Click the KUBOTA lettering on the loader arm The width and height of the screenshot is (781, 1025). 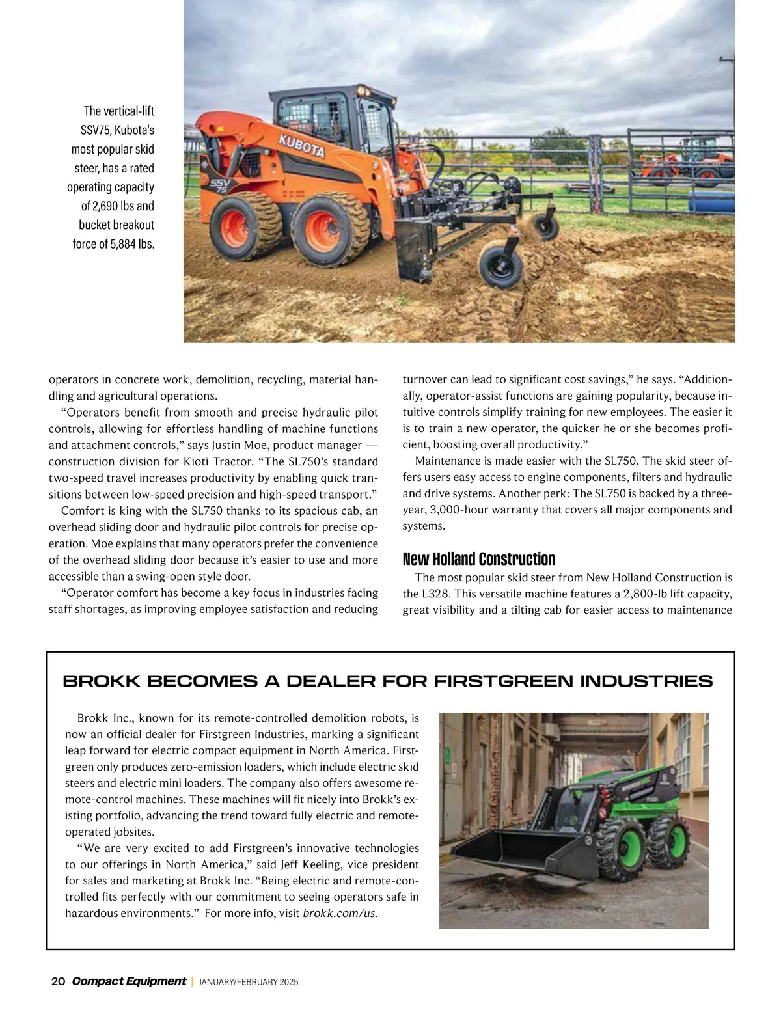click(301, 146)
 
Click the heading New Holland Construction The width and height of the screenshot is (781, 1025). click(478, 559)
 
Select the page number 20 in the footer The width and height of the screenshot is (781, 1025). click(58, 981)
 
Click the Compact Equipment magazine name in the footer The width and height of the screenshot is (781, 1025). click(129, 981)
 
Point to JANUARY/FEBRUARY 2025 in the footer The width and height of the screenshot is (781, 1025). click(248, 982)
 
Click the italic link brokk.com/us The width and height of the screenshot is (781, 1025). click(340, 913)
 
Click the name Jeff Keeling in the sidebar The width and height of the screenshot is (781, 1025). click(309, 865)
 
